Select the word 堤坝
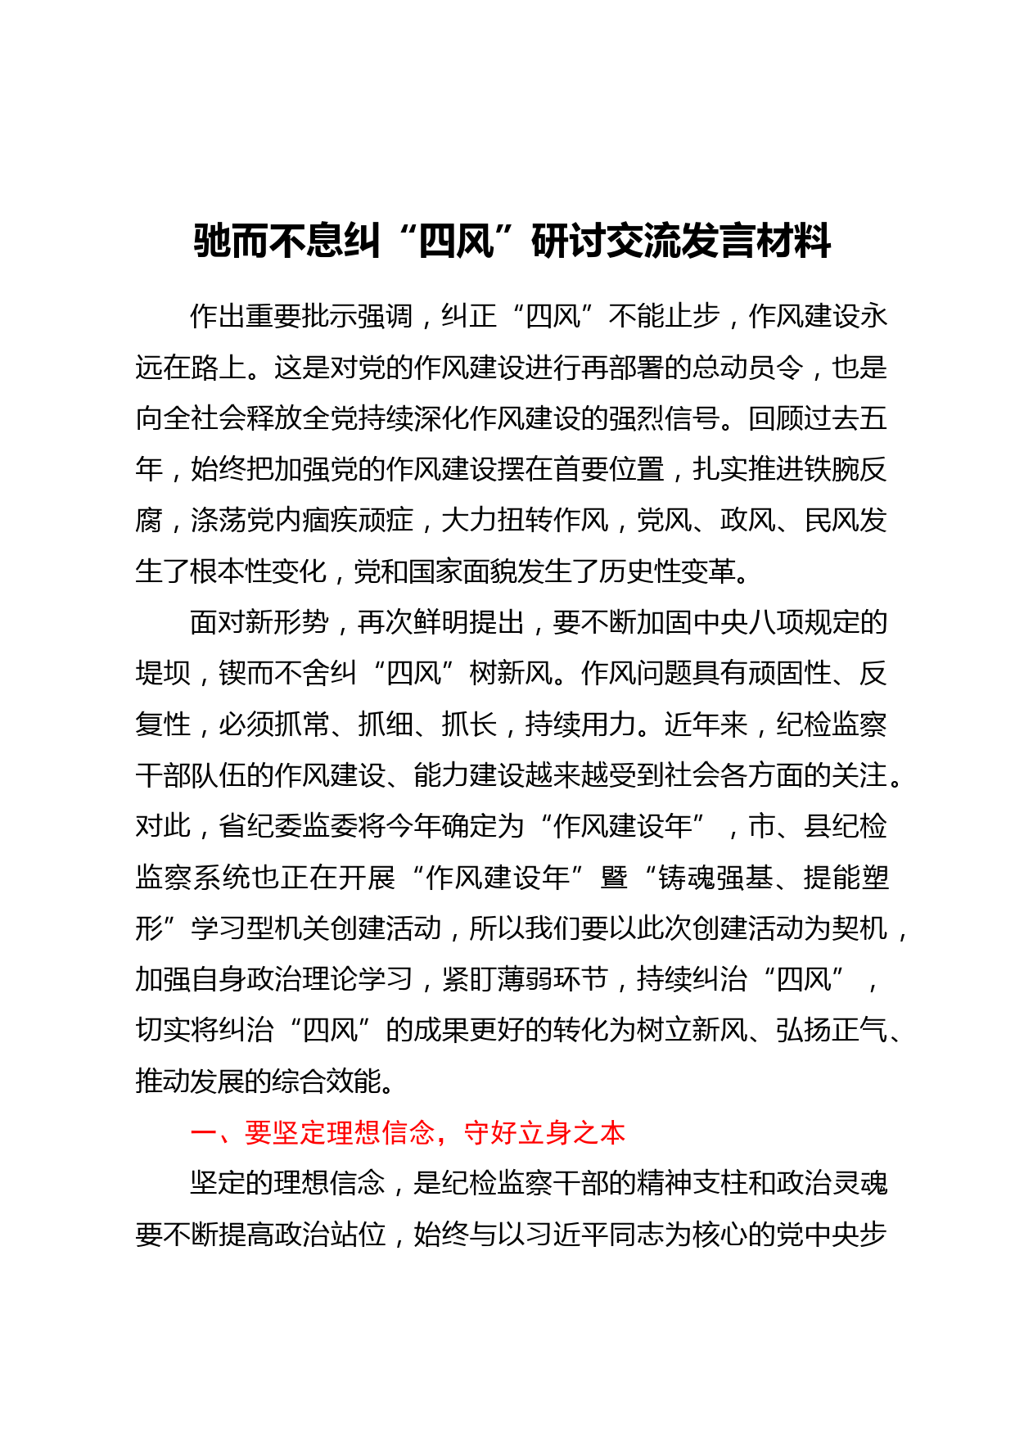[163, 673]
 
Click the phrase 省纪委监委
[288, 826]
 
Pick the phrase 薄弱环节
[553, 979]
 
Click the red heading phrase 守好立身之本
[544, 1132]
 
